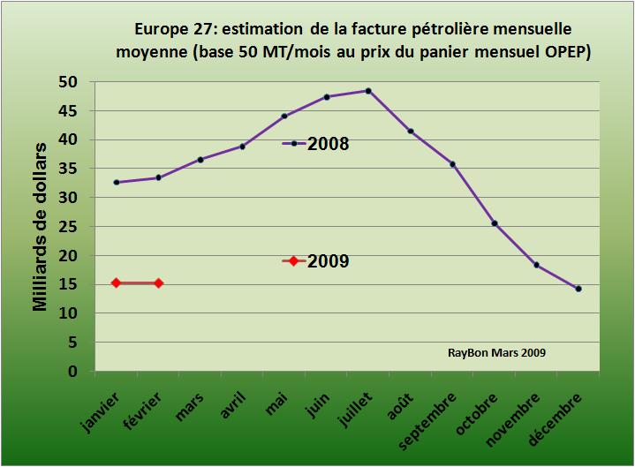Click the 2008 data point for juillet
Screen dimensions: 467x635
pos(368,90)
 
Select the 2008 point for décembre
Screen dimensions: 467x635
pos(578,289)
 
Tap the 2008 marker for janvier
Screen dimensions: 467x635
pos(116,182)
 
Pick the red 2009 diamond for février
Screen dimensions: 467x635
pos(158,283)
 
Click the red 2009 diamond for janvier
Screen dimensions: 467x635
pos(116,283)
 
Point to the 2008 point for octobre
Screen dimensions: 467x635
pos(495,223)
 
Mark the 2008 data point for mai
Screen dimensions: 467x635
pos(284,116)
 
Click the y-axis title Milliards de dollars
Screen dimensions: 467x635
pos(41,227)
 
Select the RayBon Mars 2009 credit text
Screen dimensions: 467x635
pos(496,352)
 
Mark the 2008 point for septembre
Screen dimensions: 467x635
pos(452,164)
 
